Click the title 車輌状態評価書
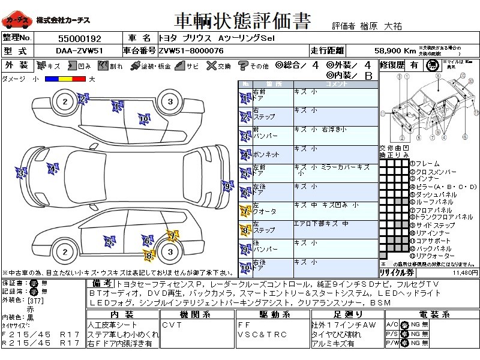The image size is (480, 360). coord(242,22)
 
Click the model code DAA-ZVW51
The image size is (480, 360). coord(75,50)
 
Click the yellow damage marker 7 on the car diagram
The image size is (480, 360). coord(172,236)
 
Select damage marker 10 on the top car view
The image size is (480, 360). coord(143,119)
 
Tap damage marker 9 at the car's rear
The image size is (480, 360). coord(226,187)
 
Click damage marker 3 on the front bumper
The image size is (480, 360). coord(22,174)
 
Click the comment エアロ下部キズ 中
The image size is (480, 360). coord(321,223)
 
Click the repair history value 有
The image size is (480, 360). coord(413,65)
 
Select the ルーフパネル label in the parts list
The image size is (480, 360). coord(431,202)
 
